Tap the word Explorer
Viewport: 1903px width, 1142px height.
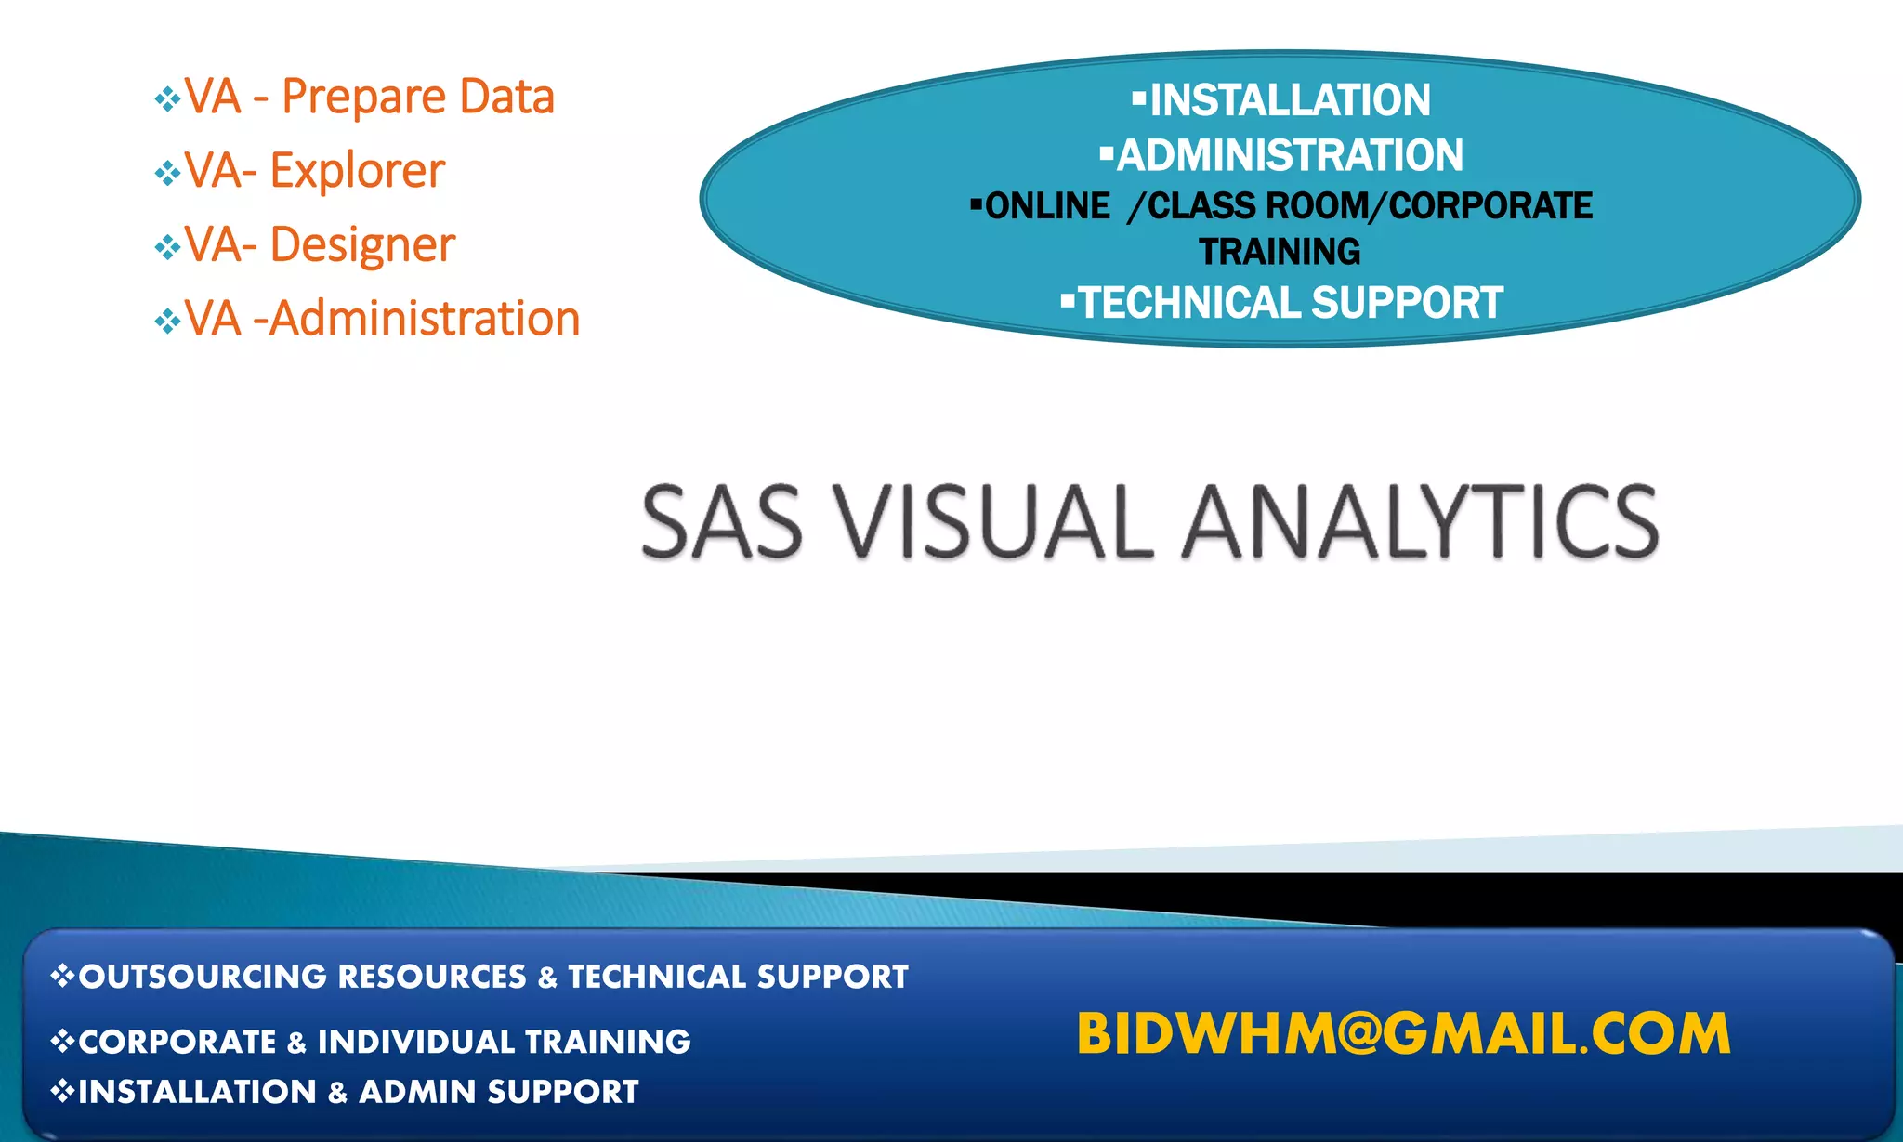click(357, 171)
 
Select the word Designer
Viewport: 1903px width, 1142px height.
click(362, 245)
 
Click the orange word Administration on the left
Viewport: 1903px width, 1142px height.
click(425, 319)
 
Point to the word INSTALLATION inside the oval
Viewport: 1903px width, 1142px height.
click(1290, 100)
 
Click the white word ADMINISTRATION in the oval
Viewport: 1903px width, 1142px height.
click(1290, 155)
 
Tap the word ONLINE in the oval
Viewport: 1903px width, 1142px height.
click(1047, 206)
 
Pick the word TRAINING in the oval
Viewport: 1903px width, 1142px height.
click(1280, 252)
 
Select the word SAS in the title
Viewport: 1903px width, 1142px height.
click(721, 522)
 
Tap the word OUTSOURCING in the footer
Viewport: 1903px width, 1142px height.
click(203, 977)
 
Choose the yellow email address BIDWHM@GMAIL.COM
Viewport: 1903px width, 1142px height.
click(1403, 1033)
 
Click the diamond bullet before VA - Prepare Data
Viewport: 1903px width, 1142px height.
click(167, 98)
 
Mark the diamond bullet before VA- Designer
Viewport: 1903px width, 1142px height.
click(167, 247)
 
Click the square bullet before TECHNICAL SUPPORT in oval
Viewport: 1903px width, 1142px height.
click(1068, 299)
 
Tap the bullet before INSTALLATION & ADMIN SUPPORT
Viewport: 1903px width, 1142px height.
click(62, 1090)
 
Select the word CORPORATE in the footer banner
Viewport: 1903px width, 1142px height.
click(177, 1042)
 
